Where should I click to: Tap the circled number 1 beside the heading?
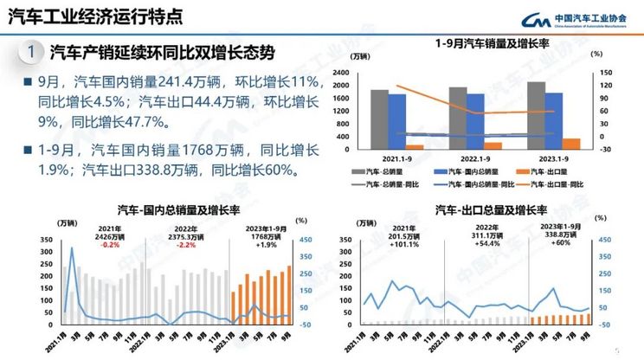31,53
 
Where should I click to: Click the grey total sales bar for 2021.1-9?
379,119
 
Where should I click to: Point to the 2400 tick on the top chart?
358,74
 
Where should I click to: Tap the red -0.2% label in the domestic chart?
110,245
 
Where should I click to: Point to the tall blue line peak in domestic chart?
72,250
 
